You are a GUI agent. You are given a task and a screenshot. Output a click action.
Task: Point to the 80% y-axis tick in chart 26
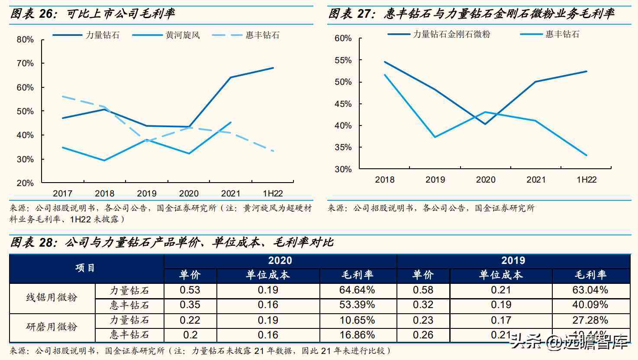tap(25, 40)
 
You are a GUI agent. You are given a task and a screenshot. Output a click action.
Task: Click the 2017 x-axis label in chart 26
tap(62, 193)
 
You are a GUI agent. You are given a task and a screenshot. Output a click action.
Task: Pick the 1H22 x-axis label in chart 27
tap(586, 180)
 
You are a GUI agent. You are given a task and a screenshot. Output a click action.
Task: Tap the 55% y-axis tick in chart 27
tap(343, 61)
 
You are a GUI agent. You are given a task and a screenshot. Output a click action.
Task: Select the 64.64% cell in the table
tap(357, 290)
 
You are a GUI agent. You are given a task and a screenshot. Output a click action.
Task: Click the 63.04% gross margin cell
tap(590, 290)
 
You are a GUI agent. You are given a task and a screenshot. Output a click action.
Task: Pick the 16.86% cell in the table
tap(357, 335)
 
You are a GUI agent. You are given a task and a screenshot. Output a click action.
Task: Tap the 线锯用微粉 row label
tap(52, 298)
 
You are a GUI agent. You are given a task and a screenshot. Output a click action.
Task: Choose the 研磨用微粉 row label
tap(52, 327)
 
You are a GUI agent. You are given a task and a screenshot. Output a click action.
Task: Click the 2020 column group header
tap(280, 260)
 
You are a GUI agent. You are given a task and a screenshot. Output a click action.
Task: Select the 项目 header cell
tap(86, 268)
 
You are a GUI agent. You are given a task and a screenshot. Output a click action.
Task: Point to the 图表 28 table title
tap(171, 242)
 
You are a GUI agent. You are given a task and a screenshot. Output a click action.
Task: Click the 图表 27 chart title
tap(471, 14)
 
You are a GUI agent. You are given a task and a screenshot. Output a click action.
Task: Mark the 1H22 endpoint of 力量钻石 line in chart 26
tap(273, 68)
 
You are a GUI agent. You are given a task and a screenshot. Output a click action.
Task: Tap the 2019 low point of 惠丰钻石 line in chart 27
tap(435, 137)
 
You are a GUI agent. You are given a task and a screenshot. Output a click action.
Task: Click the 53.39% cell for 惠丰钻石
tap(357, 305)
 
